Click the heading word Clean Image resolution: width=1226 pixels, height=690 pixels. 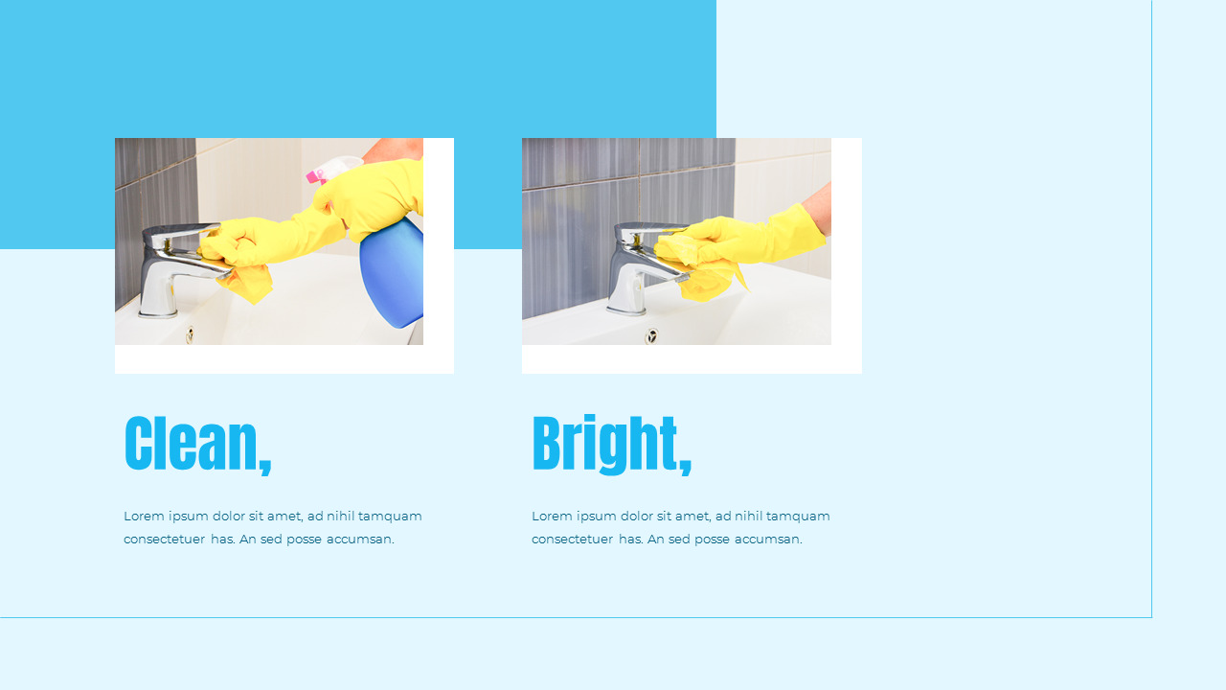pyautogui.click(x=191, y=444)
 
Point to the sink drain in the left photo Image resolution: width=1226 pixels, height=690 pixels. pyautogui.click(x=190, y=334)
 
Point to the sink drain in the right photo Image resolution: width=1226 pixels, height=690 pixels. pyautogui.click(x=652, y=335)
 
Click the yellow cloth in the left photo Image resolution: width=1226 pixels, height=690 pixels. pyautogui.click(x=247, y=282)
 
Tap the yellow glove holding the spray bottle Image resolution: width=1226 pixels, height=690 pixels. pyautogui.click(x=374, y=196)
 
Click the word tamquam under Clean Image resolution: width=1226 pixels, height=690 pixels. pyautogui.click(x=390, y=517)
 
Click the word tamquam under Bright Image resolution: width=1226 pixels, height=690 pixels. pyautogui.click(x=798, y=517)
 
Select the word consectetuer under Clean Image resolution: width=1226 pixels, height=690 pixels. pyautogui.click(x=164, y=540)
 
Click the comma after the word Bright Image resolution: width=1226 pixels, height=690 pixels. pyautogui.click(x=685, y=468)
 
